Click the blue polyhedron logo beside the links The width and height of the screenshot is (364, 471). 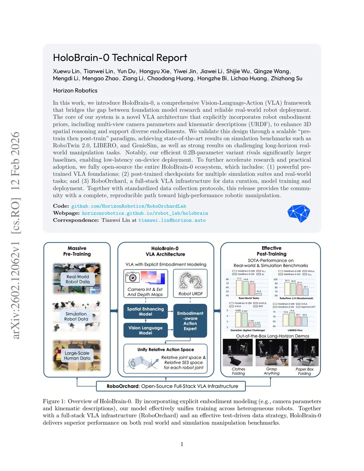click(x=299, y=213)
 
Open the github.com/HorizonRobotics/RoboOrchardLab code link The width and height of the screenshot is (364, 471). click(x=129, y=206)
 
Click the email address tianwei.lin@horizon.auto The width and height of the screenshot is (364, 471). click(x=172, y=220)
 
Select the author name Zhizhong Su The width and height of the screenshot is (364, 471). click(x=287, y=79)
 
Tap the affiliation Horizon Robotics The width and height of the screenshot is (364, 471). click(x=75, y=91)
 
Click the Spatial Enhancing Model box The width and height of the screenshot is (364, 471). click(x=145, y=311)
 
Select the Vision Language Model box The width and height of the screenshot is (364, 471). click(x=145, y=330)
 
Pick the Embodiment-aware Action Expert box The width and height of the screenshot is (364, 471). click(x=190, y=321)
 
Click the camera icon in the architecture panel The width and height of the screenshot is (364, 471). click(x=132, y=277)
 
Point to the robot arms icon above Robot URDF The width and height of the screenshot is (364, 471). click(x=191, y=280)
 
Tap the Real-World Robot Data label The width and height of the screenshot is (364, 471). click(x=77, y=279)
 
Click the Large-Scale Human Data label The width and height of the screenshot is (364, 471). click(x=77, y=355)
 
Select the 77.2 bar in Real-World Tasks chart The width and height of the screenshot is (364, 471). click(x=239, y=288)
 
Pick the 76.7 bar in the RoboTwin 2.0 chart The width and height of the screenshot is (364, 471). click(x=305, y=292)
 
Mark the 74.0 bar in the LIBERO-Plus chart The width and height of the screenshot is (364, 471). click(x=292, y=319)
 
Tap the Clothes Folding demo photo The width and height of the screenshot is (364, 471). click(x=237, y=353)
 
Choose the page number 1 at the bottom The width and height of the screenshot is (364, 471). click(x=182, y=444)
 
